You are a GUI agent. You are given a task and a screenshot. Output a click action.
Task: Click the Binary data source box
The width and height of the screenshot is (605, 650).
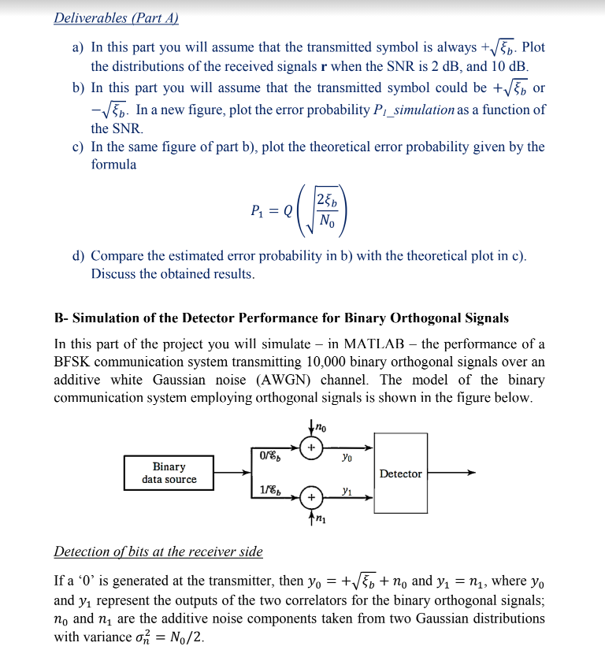click(169, 473)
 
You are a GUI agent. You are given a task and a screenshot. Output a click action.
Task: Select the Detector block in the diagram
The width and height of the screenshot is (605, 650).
click(400, 474)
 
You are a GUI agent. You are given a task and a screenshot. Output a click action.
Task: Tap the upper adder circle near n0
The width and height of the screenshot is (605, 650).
click(312, 448)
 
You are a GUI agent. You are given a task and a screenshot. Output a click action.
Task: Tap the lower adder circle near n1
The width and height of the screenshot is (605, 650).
click(312, 498)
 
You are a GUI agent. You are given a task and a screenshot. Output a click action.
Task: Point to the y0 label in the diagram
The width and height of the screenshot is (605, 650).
click(347, 455)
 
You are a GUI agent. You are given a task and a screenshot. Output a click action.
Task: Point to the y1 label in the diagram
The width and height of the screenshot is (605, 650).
click(347, 491)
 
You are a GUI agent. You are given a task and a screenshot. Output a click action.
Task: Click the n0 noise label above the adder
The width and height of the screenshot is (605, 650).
click(321, 427)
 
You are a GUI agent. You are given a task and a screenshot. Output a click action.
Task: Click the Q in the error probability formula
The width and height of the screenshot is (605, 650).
click(287, 210)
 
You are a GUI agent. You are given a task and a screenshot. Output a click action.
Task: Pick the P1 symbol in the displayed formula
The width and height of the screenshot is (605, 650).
click(258, 210)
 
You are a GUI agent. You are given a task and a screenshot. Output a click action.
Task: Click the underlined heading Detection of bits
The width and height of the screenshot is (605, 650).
click(158, 551)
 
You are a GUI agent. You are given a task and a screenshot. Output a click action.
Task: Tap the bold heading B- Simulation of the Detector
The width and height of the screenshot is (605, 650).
click(280, 318)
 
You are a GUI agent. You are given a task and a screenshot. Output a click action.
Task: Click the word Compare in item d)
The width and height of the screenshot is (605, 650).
click(117, 256)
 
